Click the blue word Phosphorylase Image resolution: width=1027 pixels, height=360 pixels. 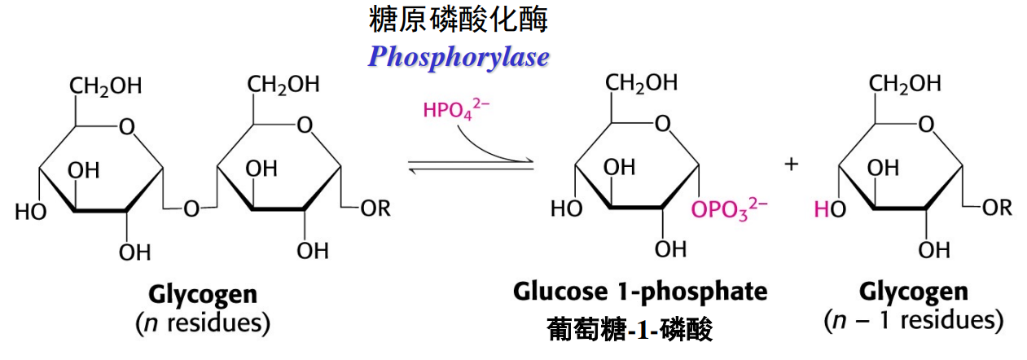click(x=458, y=56)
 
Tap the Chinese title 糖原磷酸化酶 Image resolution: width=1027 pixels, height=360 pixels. click(x=458, y=19)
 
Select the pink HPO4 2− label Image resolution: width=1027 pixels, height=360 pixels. click(x=456, y=110)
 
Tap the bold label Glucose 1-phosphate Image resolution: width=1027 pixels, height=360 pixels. click(x=640, y=291)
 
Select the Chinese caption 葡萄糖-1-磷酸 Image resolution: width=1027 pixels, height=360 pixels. click(x=630, y=330)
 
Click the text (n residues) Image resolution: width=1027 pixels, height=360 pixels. click(x=202, y=323)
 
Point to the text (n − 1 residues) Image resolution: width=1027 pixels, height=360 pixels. click(x=914, y=320)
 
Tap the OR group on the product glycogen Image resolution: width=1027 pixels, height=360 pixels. click(x=997, y=207)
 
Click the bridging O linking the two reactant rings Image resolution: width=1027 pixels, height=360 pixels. click(x=191, y=209)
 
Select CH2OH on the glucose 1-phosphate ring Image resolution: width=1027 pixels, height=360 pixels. click(x=641, y=82)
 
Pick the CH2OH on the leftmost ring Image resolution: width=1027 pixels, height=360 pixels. click(x=105, y=86)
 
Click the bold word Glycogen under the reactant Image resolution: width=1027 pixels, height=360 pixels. click(x=202, y=294)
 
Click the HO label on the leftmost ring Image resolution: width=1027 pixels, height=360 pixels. click(x=30, y=212)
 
